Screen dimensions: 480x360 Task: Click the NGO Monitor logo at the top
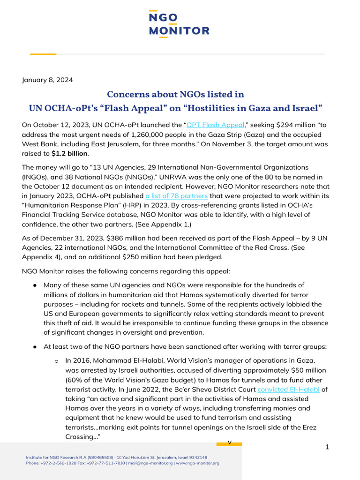coord(180,23)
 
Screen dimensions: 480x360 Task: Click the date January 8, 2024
coord(47,80)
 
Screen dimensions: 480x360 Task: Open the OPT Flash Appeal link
coord(216,125)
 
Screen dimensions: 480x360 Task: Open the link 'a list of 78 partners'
coord(176,195)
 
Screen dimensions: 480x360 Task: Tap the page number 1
coord(327,447)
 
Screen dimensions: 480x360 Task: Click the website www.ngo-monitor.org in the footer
coord(198,463)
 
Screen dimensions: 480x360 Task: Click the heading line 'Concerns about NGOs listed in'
coord(175,94)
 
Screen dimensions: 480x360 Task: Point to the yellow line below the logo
coord(43,54)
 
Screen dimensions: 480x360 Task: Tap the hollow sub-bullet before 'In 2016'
coord(56,361)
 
